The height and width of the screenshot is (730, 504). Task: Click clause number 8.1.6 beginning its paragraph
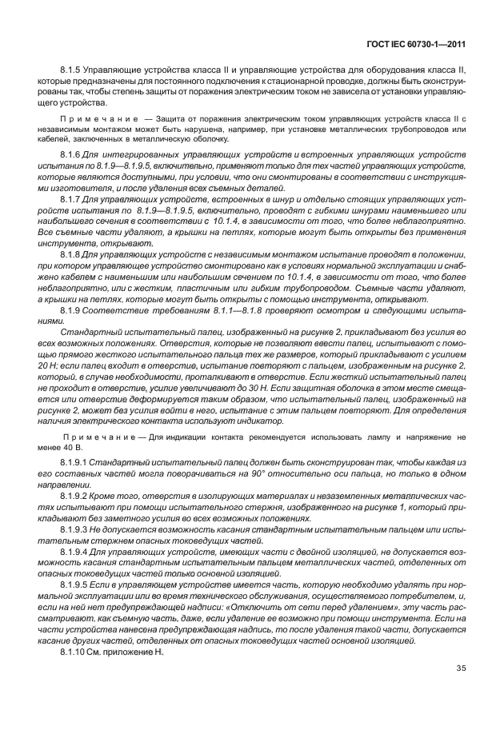(71, 153)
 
